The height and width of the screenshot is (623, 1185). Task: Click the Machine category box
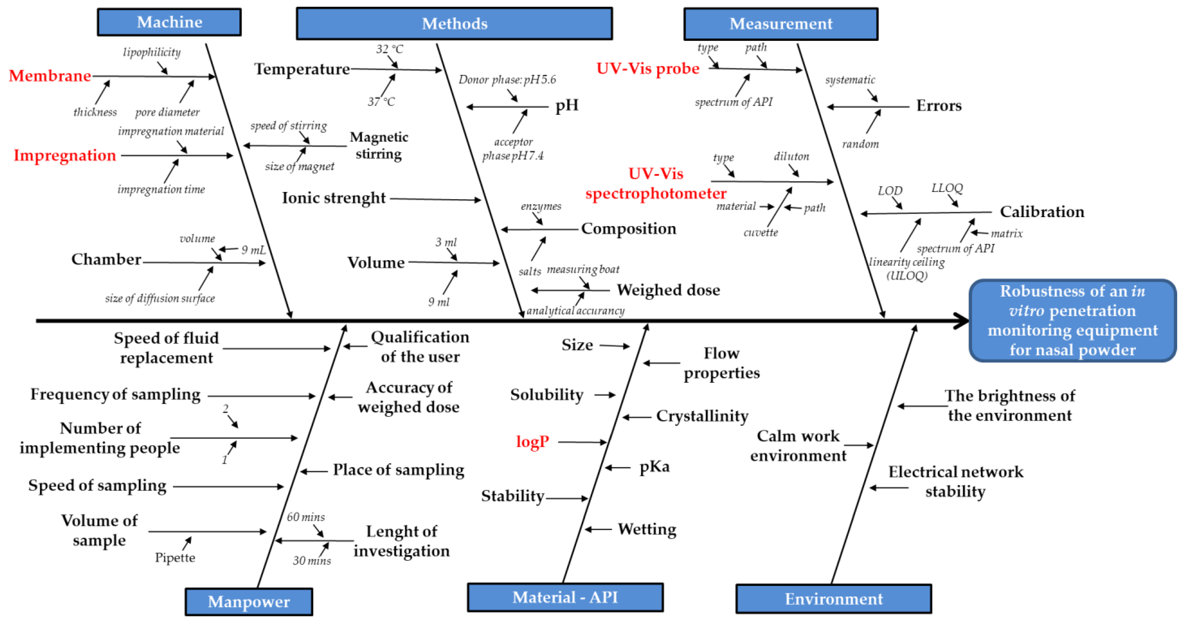(x=169, y=22)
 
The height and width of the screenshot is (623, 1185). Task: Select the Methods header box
(x=454, y=24)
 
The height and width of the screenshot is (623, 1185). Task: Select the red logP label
(x=532, y=442)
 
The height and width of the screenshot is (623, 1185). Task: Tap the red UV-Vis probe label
(x=647, y=69)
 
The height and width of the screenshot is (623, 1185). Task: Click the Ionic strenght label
(x=334, y=198)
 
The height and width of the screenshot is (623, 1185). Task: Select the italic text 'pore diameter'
(x=167, y=112)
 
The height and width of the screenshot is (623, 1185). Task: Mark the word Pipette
(x=175, y=558)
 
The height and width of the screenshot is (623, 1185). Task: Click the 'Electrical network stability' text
(x=956, y=481)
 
